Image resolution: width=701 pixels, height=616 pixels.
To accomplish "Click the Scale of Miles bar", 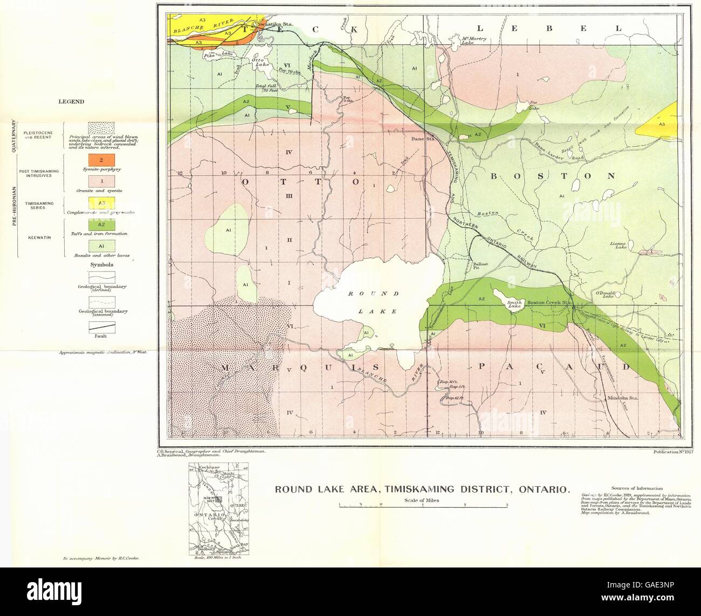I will [x=423, y=505].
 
